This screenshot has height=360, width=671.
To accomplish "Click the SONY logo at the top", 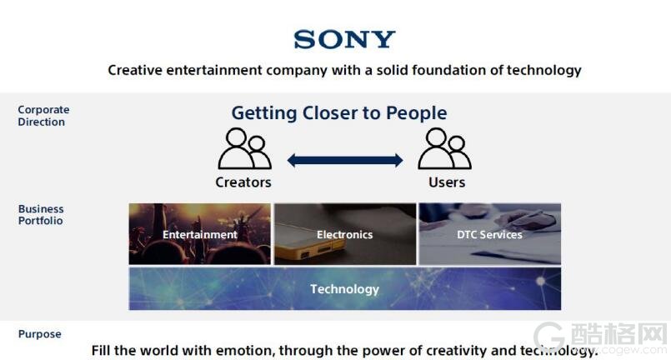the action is (344, 39).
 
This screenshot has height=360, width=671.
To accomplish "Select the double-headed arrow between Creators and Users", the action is (345, 161).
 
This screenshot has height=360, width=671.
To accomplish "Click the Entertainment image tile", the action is (200, 233).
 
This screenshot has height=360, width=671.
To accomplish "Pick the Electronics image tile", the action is (345, 233).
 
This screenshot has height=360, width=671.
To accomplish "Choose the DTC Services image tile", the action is (489, 233).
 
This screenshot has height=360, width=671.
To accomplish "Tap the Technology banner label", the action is (345, 289).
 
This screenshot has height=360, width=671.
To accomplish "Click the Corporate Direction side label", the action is (43, 116).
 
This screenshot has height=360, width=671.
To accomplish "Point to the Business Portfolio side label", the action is (41, 214).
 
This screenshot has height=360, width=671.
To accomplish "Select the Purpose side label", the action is (39, 334).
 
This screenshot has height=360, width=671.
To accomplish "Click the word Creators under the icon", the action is (243, 182).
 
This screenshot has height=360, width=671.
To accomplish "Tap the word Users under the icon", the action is (447, 182).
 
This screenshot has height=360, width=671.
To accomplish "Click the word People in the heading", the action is (417, 113).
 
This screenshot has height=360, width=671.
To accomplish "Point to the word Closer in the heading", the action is (329, 113).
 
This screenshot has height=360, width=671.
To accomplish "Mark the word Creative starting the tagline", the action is (135, 70).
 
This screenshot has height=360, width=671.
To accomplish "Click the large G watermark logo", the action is (549, 338).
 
